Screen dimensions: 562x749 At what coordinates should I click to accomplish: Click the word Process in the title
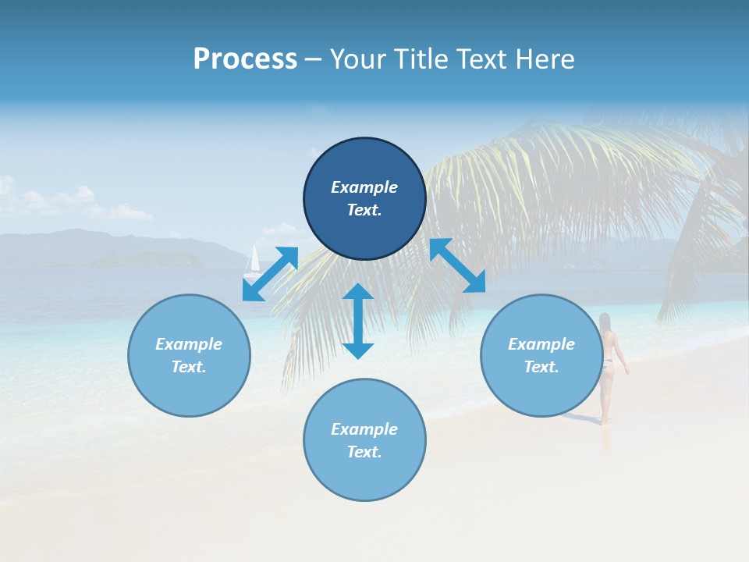[x=245, y=59]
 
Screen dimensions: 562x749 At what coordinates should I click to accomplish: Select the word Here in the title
[x=544, y=59]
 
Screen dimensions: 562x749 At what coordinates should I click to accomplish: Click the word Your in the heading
[x=358, y=59]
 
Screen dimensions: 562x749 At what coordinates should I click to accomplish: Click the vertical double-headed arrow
[x=358, y=322]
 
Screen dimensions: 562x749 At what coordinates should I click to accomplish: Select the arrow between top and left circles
[x=270, y=274]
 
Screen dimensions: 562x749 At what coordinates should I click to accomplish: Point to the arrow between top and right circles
[x=458, y=265]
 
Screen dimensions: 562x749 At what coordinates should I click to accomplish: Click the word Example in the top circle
[x=364, y=187]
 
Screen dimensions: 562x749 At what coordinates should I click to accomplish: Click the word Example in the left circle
[x=189, y=344]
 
